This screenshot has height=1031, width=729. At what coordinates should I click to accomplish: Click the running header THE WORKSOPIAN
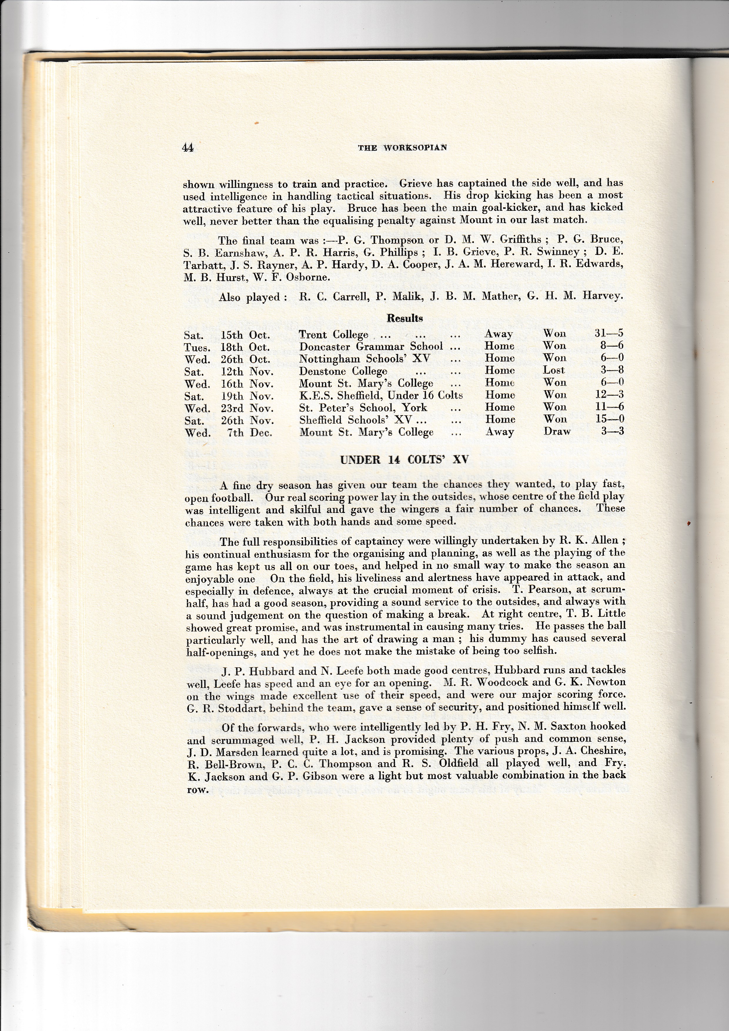tap(402, 148)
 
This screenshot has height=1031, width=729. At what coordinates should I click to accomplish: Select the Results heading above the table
tap(405, 318)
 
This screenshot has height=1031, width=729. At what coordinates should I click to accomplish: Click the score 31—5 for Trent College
tap(609, 334)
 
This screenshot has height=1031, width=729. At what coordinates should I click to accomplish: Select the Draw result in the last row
tap(557, 432)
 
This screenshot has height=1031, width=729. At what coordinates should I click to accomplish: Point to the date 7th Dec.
tap(250, 433)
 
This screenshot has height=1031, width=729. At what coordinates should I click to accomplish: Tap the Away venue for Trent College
tap(499, 334)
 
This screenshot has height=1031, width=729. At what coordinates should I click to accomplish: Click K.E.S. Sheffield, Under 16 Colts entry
tap(381, 395)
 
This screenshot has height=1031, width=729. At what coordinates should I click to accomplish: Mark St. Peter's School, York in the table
tap(363, 408)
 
